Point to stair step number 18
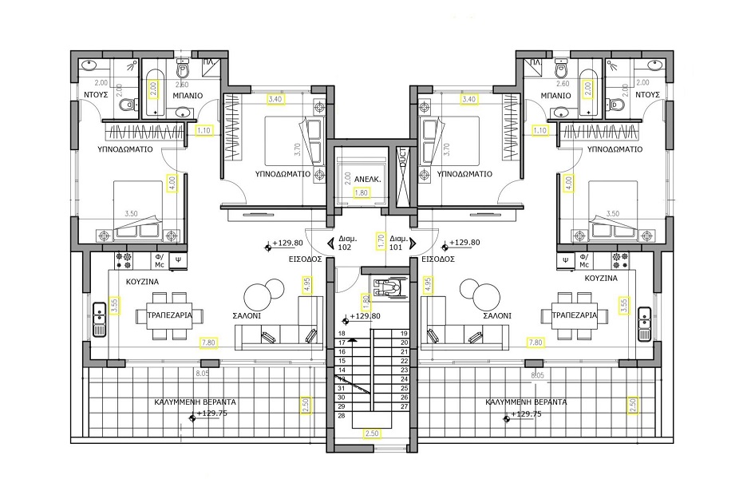click(342, 333)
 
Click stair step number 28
click(342, 416)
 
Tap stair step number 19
click(404, 333)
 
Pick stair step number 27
click(404, 406)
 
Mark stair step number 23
click(404, 370)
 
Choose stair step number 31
click(342, 388)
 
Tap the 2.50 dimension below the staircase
click(371, 433)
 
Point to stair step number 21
click(404, 351)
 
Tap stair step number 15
click(342, 361)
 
